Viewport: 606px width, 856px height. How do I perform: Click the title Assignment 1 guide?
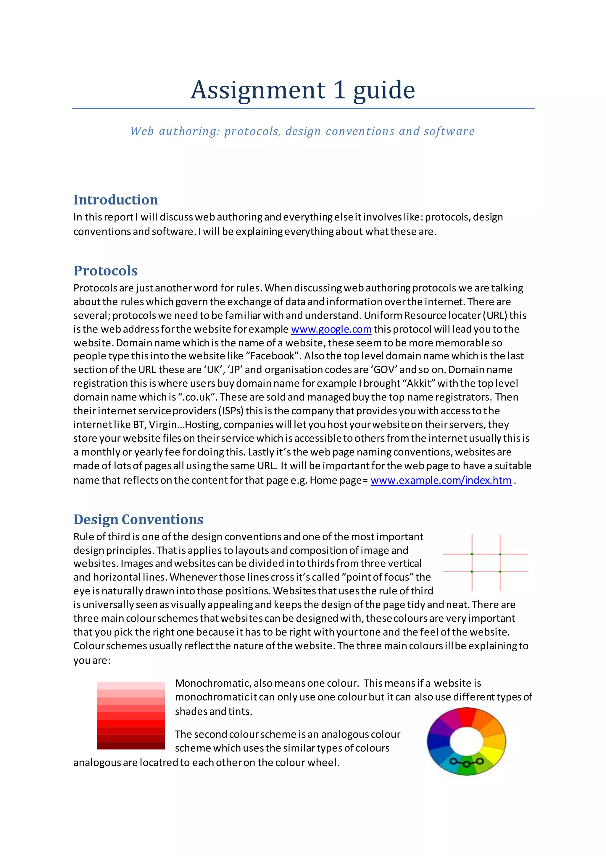coord(303,90)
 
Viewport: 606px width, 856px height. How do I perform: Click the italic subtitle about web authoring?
coord(303,131)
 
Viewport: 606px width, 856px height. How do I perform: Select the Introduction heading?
coord(116,200)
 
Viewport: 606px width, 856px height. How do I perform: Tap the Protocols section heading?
coord(106,271)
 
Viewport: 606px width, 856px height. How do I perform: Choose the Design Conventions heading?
coord(138,519)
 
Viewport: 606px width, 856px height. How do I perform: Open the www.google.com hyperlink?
coord(331,329)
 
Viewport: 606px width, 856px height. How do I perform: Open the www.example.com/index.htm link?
coord(441,480)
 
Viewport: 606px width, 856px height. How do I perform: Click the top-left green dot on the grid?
coord(472,554)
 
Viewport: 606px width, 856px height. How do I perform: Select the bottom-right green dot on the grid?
coord(500,572)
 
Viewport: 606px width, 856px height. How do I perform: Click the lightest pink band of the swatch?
coord(130,686)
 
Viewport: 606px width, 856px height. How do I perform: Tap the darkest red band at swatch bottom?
coord(130,746)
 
